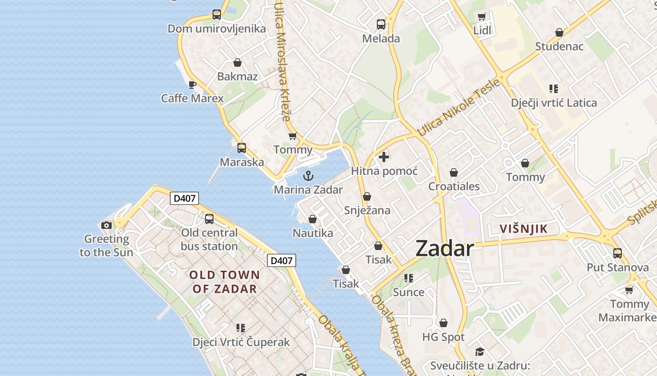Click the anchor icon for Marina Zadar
point(308,176)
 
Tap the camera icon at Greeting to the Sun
point(107,225)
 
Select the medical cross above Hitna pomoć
point(384,157)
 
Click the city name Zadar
point(444,249)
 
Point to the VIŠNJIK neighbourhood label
point(523,229)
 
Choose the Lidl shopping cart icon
point(481,17)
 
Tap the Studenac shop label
point(559,46)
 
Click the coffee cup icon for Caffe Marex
point(191,85)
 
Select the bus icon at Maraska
point(242,148)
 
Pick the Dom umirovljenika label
point(217,29)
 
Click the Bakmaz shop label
point(237,76)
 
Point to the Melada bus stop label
point(381,39)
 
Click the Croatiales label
point(454,186)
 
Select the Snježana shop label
point(367,210)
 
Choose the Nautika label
point(313,233)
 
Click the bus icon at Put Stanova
point(618,253)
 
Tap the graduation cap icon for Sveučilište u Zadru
point(479,352)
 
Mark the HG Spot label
point(443,337)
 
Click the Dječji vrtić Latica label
point(554,102)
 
